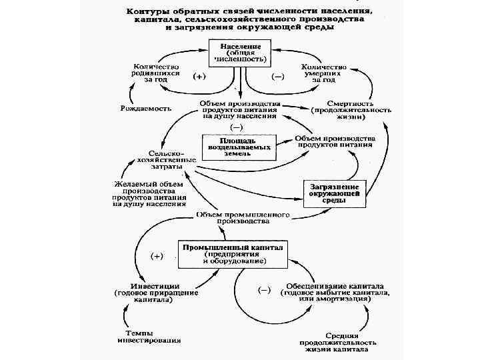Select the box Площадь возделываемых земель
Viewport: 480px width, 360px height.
coord(238,147)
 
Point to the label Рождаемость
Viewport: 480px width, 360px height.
coord(146,107)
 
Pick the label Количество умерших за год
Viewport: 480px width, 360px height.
coord(324,73)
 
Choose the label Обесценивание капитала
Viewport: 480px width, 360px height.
coord(334,293)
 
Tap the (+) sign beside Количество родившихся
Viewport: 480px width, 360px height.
coord(199,76)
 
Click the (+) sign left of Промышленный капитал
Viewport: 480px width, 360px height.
coord(157,255)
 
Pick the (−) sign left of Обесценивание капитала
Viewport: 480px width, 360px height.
coord(264,289)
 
